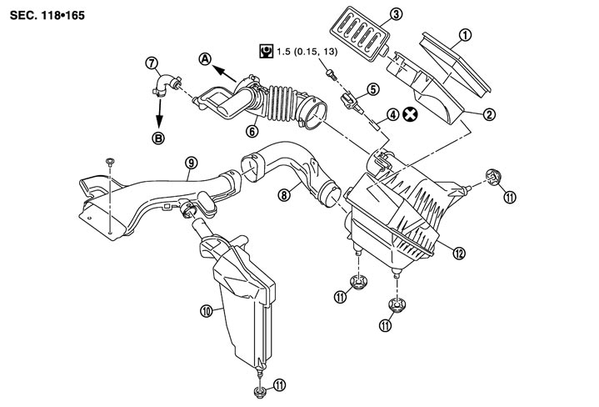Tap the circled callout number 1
[x=466, y=35]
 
